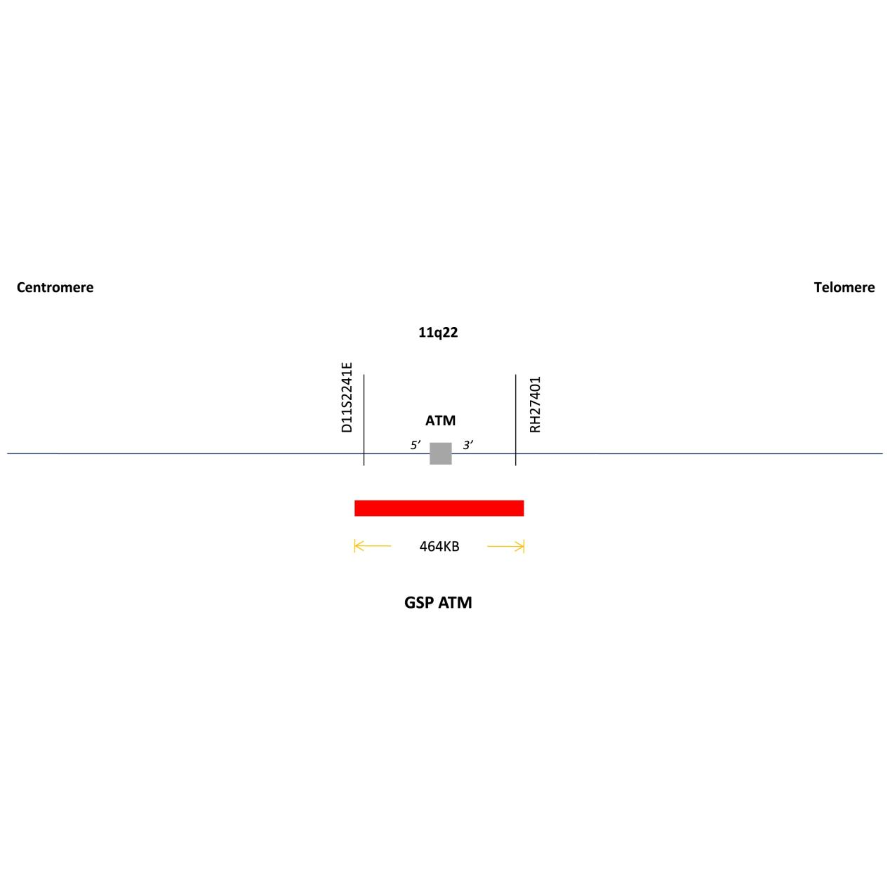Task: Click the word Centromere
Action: tap(55, 287)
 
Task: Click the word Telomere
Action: tap(844, 287)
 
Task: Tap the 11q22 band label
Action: tap(438, 333)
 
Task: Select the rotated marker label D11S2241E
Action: tap(347, 397)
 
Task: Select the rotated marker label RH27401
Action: tap(535, 404)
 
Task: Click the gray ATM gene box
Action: tap(441, 453)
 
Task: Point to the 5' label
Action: tap(416, 445)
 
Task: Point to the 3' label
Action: tap(468, 445)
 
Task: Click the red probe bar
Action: tap(439, 508)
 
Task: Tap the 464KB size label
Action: tap(439, 546)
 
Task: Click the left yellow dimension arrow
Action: tap(373, 546)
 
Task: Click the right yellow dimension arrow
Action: tap(505, 546)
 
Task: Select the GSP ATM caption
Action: tap(438, 602)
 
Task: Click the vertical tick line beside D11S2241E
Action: tap(364, 419)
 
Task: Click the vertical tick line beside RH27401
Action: tap(515, 419)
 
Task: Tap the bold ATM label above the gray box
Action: tap(440, 420)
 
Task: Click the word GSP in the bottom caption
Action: tap(418, 602)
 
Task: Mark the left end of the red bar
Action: tap(354, 508)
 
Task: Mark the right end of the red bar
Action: tap(524, 508)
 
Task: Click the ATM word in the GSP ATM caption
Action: tap(455, 602)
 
